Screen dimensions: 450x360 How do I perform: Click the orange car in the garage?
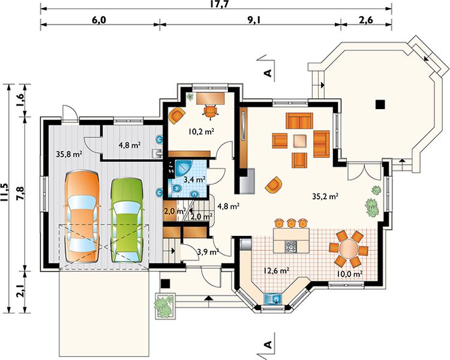tap(83, 217)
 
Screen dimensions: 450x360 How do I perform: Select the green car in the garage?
tap(126, 220)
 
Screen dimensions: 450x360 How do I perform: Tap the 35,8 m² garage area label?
tap(70, 154)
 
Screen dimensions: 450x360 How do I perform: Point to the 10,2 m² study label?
tap(202, 132)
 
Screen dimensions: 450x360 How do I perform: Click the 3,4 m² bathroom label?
tap(194, 180)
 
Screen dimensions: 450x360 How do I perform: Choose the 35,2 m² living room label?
tap(325, 197)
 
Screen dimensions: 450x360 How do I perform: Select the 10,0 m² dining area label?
tap(350, 274)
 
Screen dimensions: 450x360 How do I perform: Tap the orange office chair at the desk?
tap(211, 111)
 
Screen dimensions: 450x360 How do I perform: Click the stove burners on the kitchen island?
tap(290, 247)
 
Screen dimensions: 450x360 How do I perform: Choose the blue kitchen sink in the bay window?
tap(273, 299)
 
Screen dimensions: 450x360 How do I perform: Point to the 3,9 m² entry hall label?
tap(208, 252)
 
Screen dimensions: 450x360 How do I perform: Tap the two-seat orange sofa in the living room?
tap(299, 121)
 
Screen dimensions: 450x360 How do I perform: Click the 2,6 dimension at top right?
tap(366, 20)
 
